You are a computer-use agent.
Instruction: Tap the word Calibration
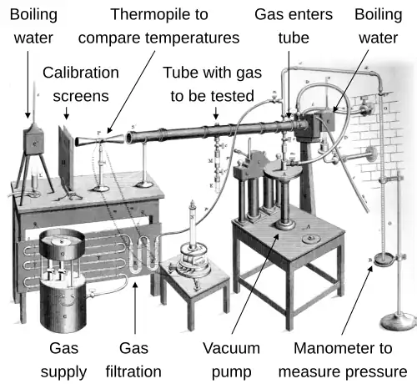pos(81,73)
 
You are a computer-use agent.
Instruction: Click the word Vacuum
pos(231,348)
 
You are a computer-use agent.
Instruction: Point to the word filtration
pos(133,371)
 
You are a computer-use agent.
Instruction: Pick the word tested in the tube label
pos(233,96)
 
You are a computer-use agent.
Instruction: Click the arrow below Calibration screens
pos(66,113)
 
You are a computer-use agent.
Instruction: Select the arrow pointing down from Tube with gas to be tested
pos(216,113)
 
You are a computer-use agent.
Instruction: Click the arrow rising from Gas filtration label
pos(135,308)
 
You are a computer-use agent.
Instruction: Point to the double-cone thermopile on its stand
pos(99,139)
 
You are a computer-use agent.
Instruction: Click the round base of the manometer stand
pos(398,321)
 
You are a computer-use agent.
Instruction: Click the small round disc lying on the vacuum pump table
pos(311,239)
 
